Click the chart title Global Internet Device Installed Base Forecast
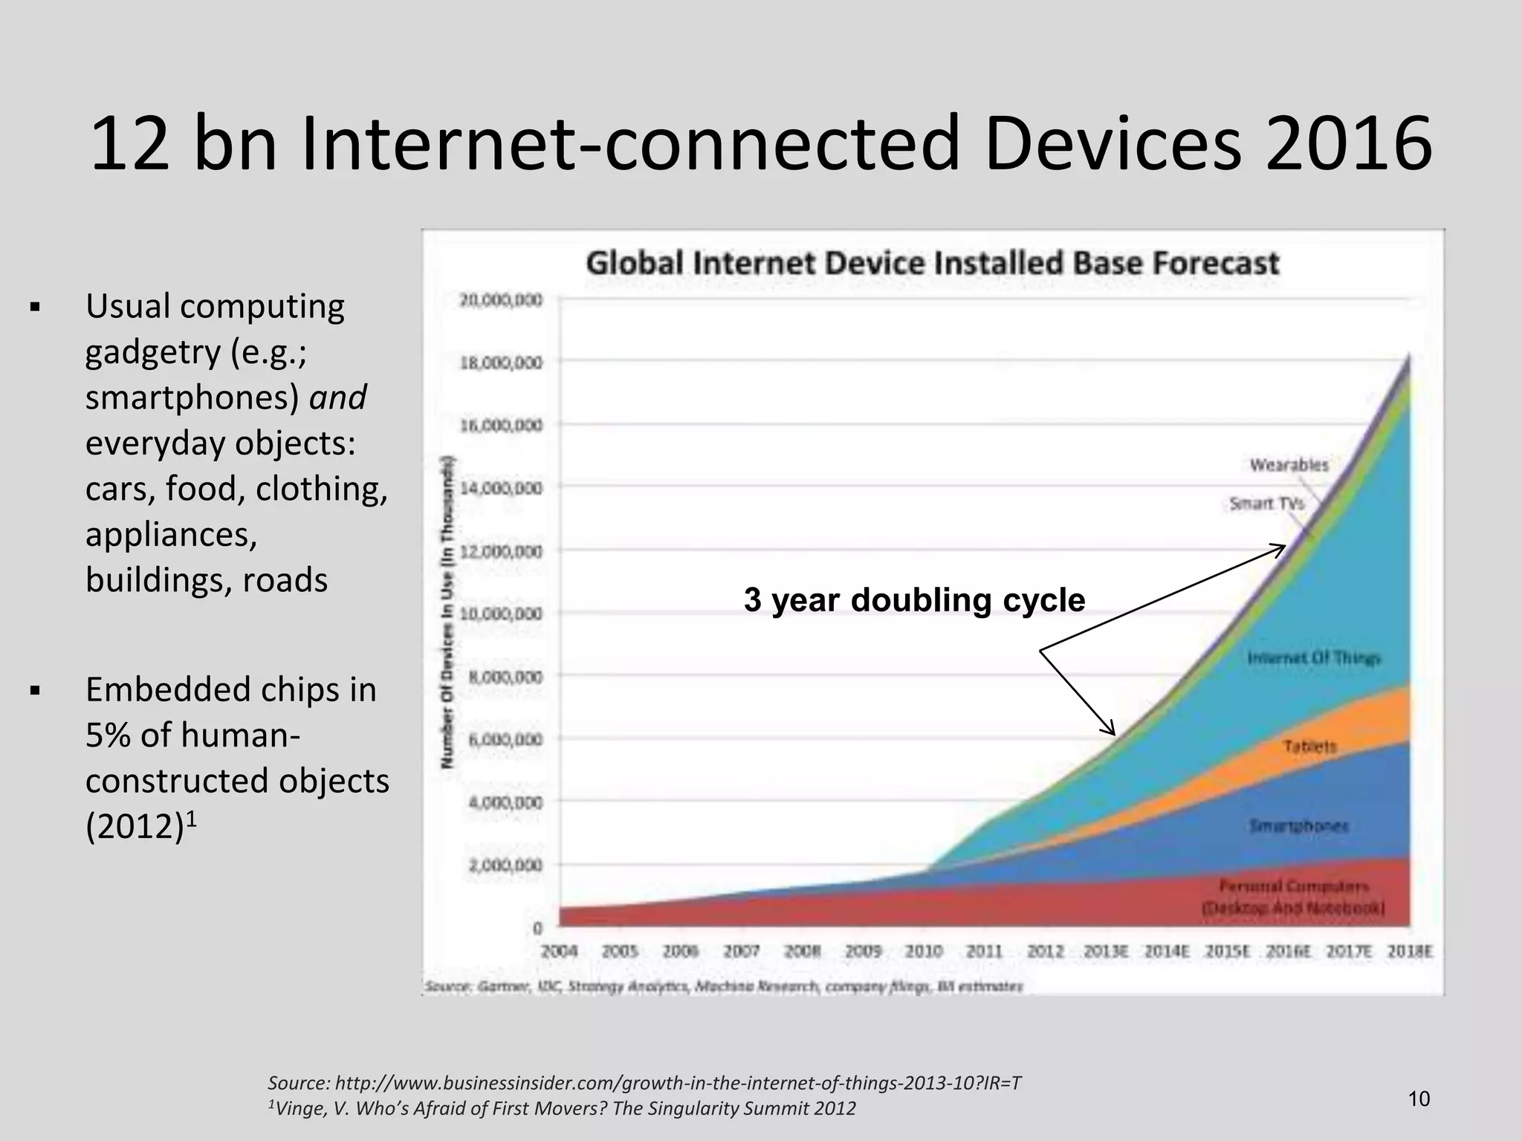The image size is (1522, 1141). (933, 264)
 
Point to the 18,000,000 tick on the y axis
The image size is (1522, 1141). (500, 363)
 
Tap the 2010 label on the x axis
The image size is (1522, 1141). (924, 952)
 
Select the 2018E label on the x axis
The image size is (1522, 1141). (1410, 952)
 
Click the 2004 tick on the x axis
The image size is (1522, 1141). (560, 952)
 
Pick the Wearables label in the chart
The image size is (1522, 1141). (1289, 465)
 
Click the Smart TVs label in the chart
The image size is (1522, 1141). (1266, 504)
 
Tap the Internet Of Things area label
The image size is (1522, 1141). (1313, 658)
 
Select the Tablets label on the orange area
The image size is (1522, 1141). (1309, 746)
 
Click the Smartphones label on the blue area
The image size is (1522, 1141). (1299, 826)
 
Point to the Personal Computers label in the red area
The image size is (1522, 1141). (1293, 897)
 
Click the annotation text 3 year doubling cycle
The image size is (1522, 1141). (914, 600)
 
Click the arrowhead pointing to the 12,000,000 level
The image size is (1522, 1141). (1280, 549)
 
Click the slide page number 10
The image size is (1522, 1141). (1419, 1099)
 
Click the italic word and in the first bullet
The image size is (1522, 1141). (338, 397)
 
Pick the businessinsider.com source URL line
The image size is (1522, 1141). (644, 1083)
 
